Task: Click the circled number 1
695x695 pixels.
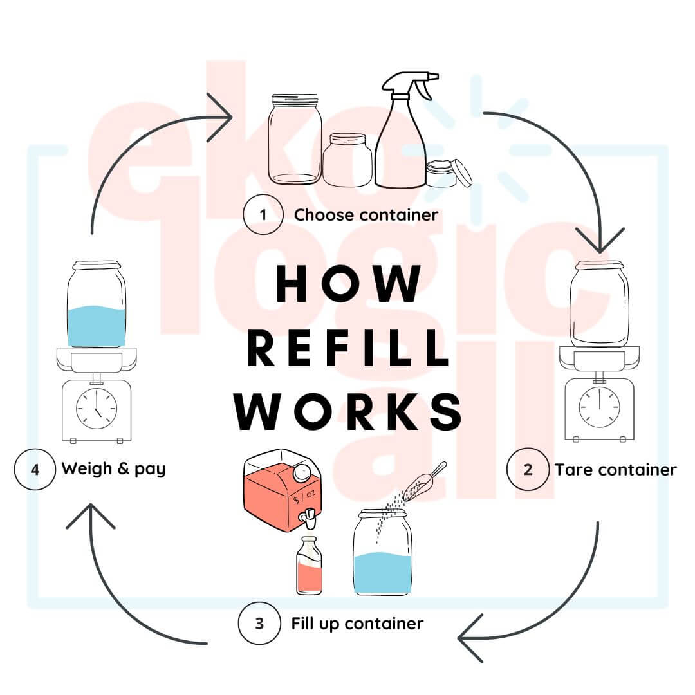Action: coord(264,214)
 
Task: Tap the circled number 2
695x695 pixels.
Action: coord(528,469)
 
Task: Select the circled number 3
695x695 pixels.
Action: coord(259,624)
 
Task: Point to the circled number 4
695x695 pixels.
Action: coord(35,469)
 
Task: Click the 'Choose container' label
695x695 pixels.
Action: coord(366,214)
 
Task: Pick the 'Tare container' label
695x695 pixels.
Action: coord(615,469)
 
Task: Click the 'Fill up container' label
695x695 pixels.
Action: coord(357,624)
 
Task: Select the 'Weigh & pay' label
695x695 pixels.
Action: coord(113,468)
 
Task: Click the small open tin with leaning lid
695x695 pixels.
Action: coord(447,173)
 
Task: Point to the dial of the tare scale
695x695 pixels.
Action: coord(599,407)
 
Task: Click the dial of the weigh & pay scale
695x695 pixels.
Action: coord(97,407)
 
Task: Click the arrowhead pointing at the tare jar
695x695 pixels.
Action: coord(600,241)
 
